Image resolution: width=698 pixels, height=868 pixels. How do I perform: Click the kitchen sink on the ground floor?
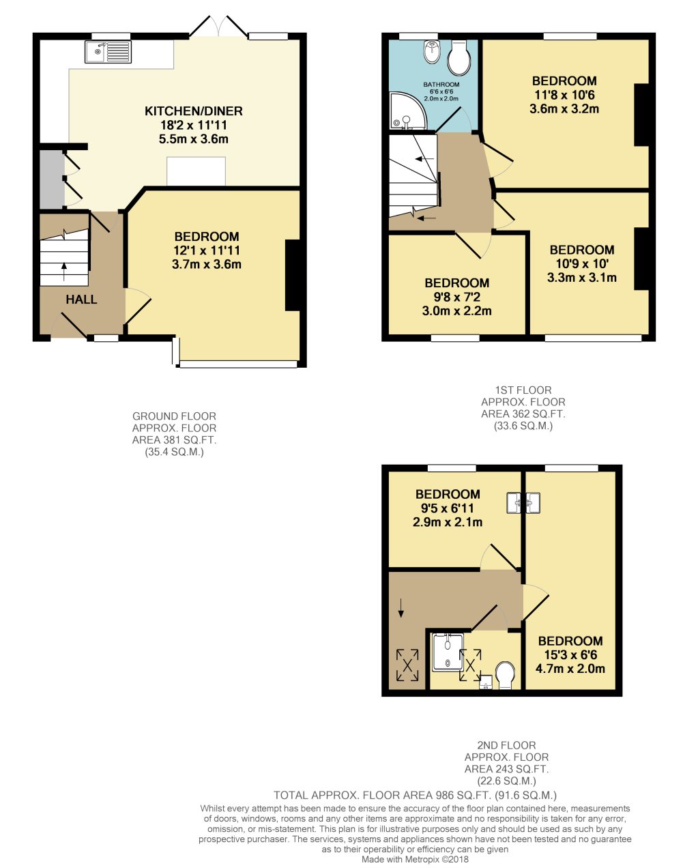pyautogui.click(x=108, y=52)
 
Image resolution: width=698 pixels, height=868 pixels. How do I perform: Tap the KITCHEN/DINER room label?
pyautogui.click(x=193, y=111)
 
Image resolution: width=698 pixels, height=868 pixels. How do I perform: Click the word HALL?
pyautogui.click(x=81, y=300)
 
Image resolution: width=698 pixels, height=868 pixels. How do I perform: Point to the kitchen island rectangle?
pyautogui.click(x=196, y=171)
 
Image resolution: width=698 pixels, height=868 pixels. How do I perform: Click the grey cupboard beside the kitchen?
pyautogui.click(x=51, y=179)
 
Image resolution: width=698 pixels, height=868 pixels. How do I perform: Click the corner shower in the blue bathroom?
pyautogui.click(x=405, y=112)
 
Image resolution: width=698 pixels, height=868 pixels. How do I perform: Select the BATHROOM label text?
pyautogui.click(x=441, y=85)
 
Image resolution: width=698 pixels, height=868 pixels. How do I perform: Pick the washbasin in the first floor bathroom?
pyautogui.click(x=431, y=50)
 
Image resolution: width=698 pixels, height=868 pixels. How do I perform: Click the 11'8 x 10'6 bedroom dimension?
pyautogui.click(x=564, y=95)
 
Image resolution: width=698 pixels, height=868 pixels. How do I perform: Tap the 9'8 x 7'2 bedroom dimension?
pyautogui.click(x=456, y=297)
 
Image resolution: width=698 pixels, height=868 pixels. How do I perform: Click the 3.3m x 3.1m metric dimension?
pyautogui.click(x=581, y=278)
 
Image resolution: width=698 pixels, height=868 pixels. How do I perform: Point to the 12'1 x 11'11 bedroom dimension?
pyautogui.click(x=206, y=250)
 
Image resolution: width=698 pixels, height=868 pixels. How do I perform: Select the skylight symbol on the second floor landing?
pyautogui.click(x=407, y=664)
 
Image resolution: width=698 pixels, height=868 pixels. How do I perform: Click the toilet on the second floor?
pyautogui.click(x=506, y=674)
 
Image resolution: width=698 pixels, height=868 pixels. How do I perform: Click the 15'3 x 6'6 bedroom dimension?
pyautogui.click(x=570, y=655)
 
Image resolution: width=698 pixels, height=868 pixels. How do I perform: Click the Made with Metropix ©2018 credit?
pyautogui.click(x=415, y=859)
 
